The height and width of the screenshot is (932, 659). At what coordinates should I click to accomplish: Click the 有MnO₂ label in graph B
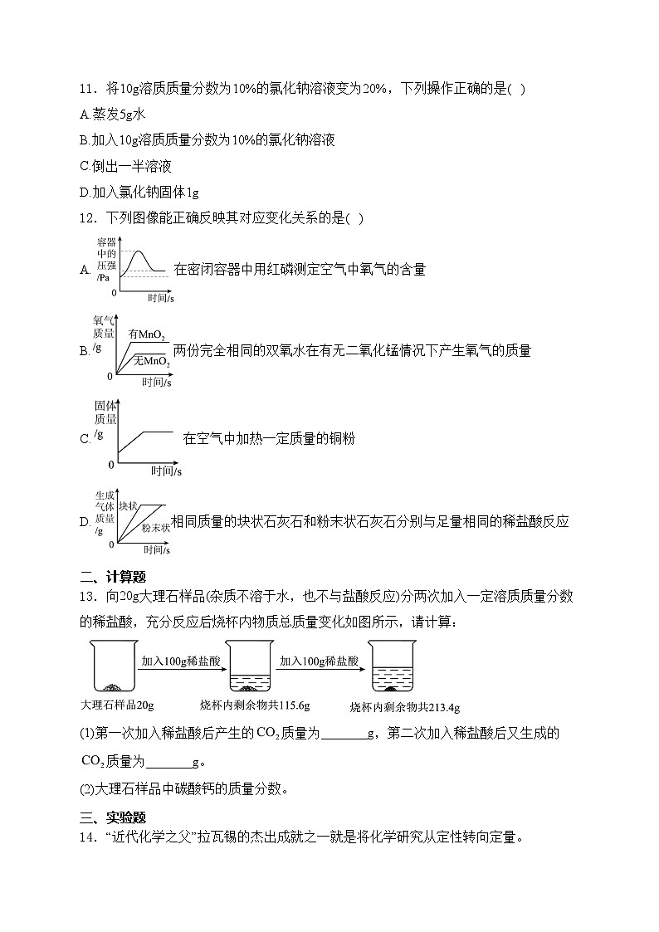(146, 334)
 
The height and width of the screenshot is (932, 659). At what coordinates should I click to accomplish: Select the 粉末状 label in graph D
(155, 527)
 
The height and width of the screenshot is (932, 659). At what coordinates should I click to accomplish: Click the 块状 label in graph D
(127, 505)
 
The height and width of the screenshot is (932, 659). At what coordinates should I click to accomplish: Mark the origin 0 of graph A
(114, 293)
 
